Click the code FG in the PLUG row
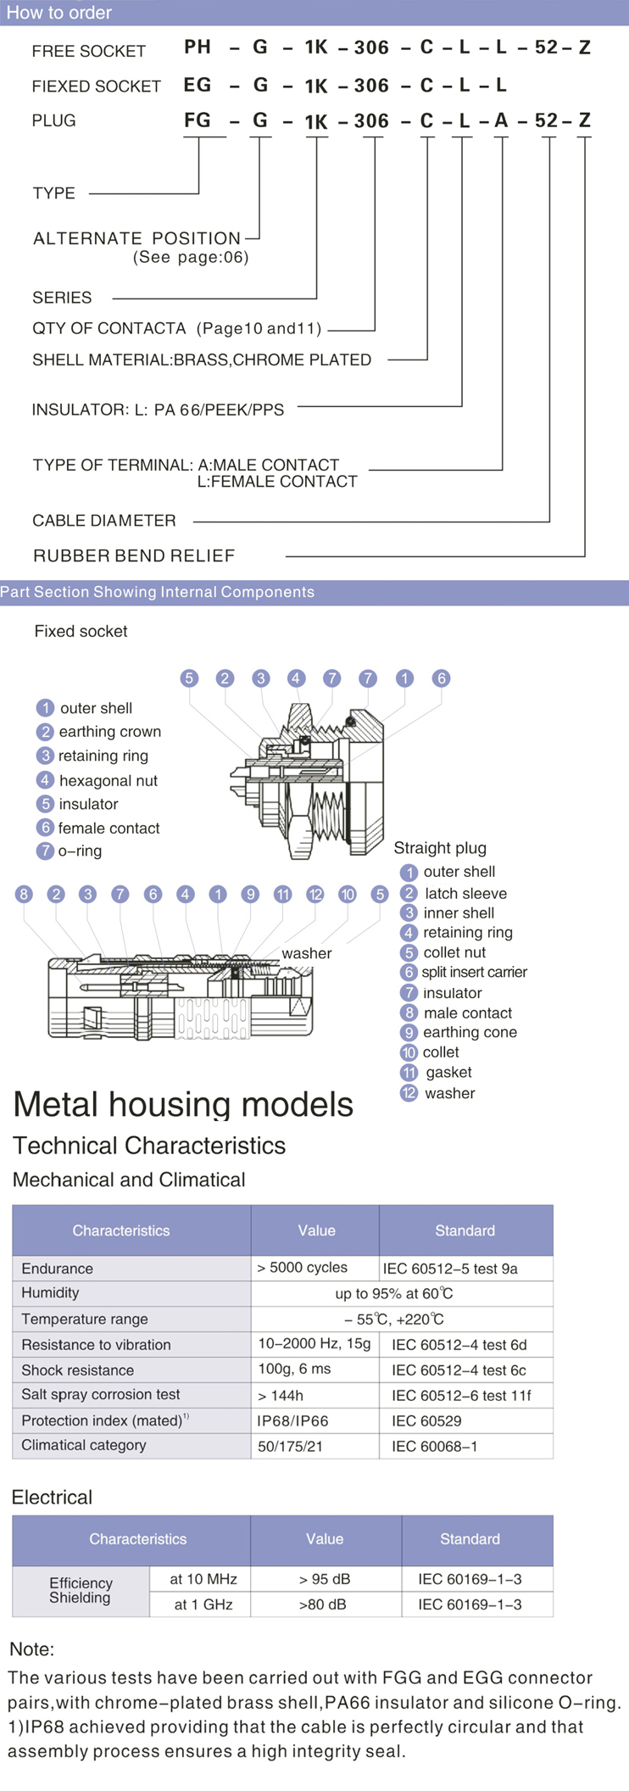pos(198,120)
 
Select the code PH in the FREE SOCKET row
pos(198,47)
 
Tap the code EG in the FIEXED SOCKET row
pos(198,85)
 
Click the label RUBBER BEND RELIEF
pos(134,556)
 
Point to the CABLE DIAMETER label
pos(104,521)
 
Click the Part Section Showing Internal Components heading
pos(158,592)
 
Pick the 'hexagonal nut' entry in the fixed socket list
pos(108,780)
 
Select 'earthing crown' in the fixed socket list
pos(109,732)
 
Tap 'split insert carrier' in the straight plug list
pos(474,973)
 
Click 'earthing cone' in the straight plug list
pos(470,1032)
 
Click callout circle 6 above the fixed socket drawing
pos(441,678)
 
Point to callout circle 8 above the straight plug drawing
pos(24,894)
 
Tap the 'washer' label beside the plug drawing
pos(307,953)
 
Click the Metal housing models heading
pos(183,1105)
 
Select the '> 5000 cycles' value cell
pos(303,1268)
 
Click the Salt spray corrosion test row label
pos(101,1395)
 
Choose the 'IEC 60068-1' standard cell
pos(435,1446)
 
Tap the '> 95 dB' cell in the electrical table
pos(325,1579)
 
